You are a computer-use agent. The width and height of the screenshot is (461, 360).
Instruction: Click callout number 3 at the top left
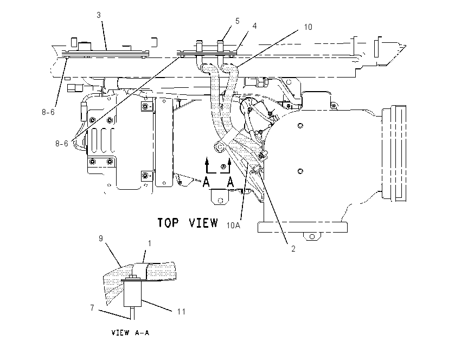[x=99, y=15]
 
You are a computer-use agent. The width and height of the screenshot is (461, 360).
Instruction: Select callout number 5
[x=237, y=21]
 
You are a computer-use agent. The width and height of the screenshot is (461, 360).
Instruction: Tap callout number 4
[x=254, y=26]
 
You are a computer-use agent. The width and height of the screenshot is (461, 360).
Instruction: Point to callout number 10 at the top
[x=308, y=27]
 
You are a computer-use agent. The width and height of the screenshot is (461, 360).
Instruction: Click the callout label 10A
[x=233, y=226]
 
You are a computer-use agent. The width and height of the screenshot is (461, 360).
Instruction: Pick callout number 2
[x=293, y=249]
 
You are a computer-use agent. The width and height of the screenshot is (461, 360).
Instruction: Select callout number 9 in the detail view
[x=101, y=239]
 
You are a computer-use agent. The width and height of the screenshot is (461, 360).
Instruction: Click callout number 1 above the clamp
[x=150, y=243]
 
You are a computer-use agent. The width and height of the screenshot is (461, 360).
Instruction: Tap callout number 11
[x=181, y=312]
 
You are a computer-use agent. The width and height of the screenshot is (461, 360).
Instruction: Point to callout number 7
[x=92, y=308]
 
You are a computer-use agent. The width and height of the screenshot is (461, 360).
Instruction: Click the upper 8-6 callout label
[x=48, y=112]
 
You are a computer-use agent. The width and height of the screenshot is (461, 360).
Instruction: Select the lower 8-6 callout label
[x=62, y=144]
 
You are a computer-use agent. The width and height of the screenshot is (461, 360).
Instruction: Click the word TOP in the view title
[x=168, y=223]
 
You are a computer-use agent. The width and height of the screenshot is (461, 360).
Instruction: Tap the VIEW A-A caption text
[x=130, y=333]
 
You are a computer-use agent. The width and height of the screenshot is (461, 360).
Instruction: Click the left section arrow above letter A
[x=207, y=165]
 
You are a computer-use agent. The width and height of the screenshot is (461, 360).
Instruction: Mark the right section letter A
[x=230, y=182]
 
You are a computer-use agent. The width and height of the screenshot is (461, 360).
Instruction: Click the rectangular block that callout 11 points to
[x=132, y=294]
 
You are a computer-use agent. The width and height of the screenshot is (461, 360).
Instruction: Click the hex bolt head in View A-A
[x=132, y=277]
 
